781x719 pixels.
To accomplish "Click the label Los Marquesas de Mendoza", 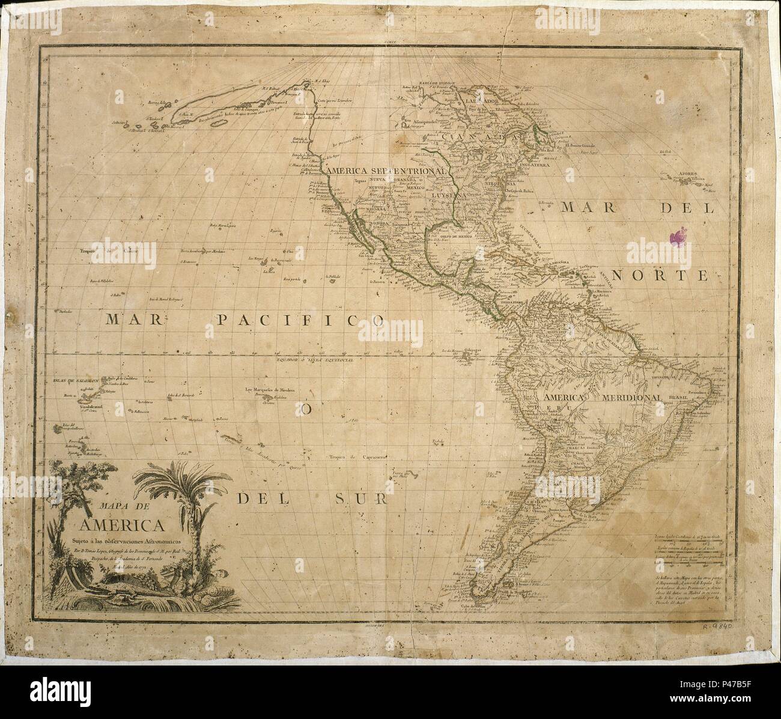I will tap(270, 390).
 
